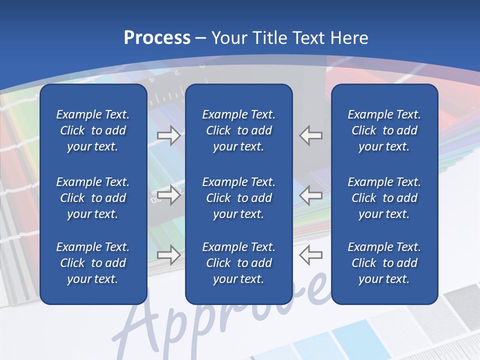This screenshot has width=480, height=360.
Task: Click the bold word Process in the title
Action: [x=157, y=38]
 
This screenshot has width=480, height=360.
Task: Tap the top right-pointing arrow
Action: [x=168, y=135]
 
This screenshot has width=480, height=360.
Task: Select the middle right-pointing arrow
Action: [x=168, y=195]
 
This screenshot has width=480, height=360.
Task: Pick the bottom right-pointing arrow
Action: [x=168, y=255]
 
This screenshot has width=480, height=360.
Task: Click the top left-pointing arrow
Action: [x=310, y=135]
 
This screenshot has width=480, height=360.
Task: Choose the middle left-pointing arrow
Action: [x=310, y=195]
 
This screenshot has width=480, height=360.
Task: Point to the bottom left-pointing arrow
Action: [x=310, y=255]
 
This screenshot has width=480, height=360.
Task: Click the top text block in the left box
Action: [x=93, y=130]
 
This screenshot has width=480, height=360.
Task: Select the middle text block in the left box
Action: [x=93, y=198]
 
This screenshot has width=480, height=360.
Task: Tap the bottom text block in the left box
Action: [x=93, y=263]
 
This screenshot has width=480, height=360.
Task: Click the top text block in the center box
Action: [x=238, y=130]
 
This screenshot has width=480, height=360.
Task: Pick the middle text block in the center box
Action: [x=238, y=198]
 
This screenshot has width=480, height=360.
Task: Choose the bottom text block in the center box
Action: [x=238, y=263]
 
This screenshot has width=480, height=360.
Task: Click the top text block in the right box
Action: [x=384, y=130]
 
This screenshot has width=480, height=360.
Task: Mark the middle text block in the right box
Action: [x=384, y=198]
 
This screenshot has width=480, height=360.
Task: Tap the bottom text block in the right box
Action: [x=384, y=263]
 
